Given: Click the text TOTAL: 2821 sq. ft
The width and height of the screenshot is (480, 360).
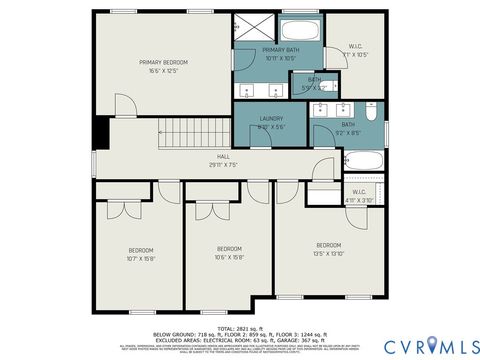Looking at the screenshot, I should click(x=239, y=327).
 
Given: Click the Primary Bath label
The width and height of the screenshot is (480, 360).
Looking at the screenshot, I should click(x=280, y=49).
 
